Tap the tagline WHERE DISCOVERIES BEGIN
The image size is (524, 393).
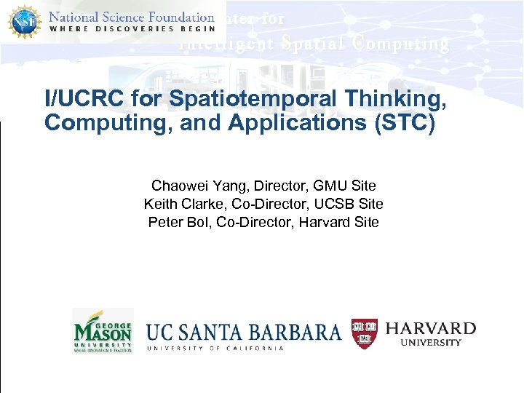tap(131, 29)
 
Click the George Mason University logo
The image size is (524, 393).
tap(103, 331)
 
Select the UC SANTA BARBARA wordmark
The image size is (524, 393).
tap(244, 332)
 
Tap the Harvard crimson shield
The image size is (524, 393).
tap(365, 333)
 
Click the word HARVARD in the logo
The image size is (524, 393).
tap(430, 329)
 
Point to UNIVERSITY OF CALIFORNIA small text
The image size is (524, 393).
tap(215, 349)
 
